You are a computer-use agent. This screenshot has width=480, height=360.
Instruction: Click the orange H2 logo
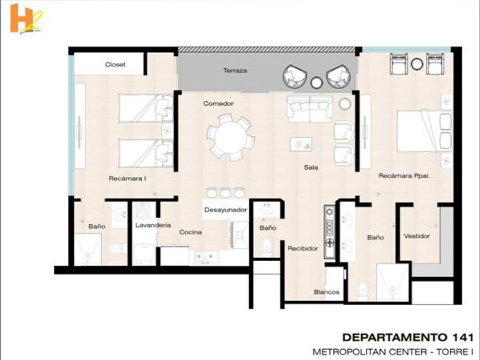click(x=26, y=19)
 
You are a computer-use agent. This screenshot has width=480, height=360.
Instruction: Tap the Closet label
click(x=115, y=65)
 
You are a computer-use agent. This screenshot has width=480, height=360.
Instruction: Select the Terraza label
click(x=235, y=71)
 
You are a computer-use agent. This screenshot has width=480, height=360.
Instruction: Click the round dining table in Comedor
click(x=230, y=137)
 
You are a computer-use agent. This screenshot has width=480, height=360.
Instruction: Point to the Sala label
click(x=311, y=167)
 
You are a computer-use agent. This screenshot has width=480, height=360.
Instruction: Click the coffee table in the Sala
click(x=301, y=144)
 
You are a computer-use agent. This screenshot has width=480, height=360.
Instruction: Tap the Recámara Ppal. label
click(x=404, y=176)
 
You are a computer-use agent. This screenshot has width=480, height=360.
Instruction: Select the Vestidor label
click(x=417, y=236)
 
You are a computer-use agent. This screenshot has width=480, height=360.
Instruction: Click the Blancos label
click(x=326, y=292)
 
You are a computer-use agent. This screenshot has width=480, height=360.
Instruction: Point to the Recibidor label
click(x=303, y=249)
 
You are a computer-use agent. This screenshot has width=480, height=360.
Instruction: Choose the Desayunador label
click(x=225, y=210)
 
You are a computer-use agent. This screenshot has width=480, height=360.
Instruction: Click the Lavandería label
click(x=153, y=225)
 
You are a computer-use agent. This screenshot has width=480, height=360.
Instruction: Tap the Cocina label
click(x=190, y=233)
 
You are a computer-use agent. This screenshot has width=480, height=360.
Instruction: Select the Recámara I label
click(x=127, y=178)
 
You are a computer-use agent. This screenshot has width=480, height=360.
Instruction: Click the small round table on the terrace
click(x=317, y=83)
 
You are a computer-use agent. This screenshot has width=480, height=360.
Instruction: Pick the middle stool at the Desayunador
click(x=225, y=193)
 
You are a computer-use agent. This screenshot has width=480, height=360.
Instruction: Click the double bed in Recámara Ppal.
click(x=425, y=131)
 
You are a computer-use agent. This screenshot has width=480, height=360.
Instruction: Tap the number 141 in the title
click(x=462, y=337)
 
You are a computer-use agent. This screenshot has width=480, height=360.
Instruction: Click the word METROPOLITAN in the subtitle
click(x=348, y=352)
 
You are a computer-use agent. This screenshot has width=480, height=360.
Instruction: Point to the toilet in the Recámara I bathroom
click(x=117, y=247)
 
